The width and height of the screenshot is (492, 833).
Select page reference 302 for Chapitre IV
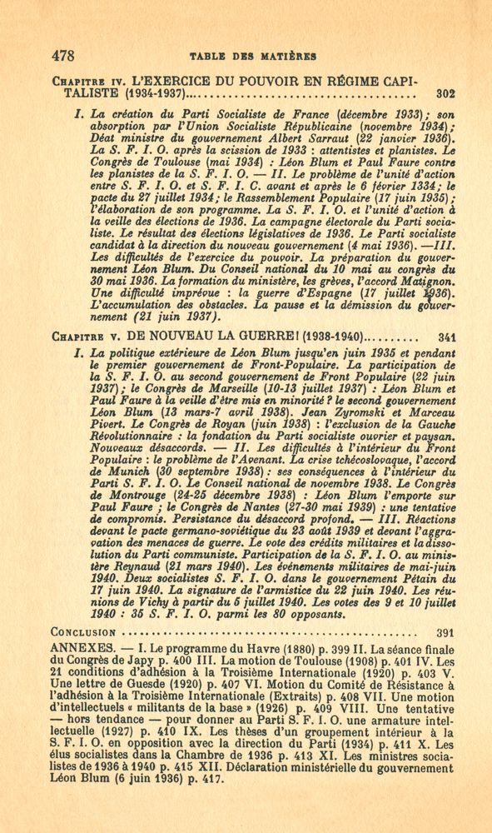pos(445,94)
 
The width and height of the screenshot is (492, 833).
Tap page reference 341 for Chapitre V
pos(445,338)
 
